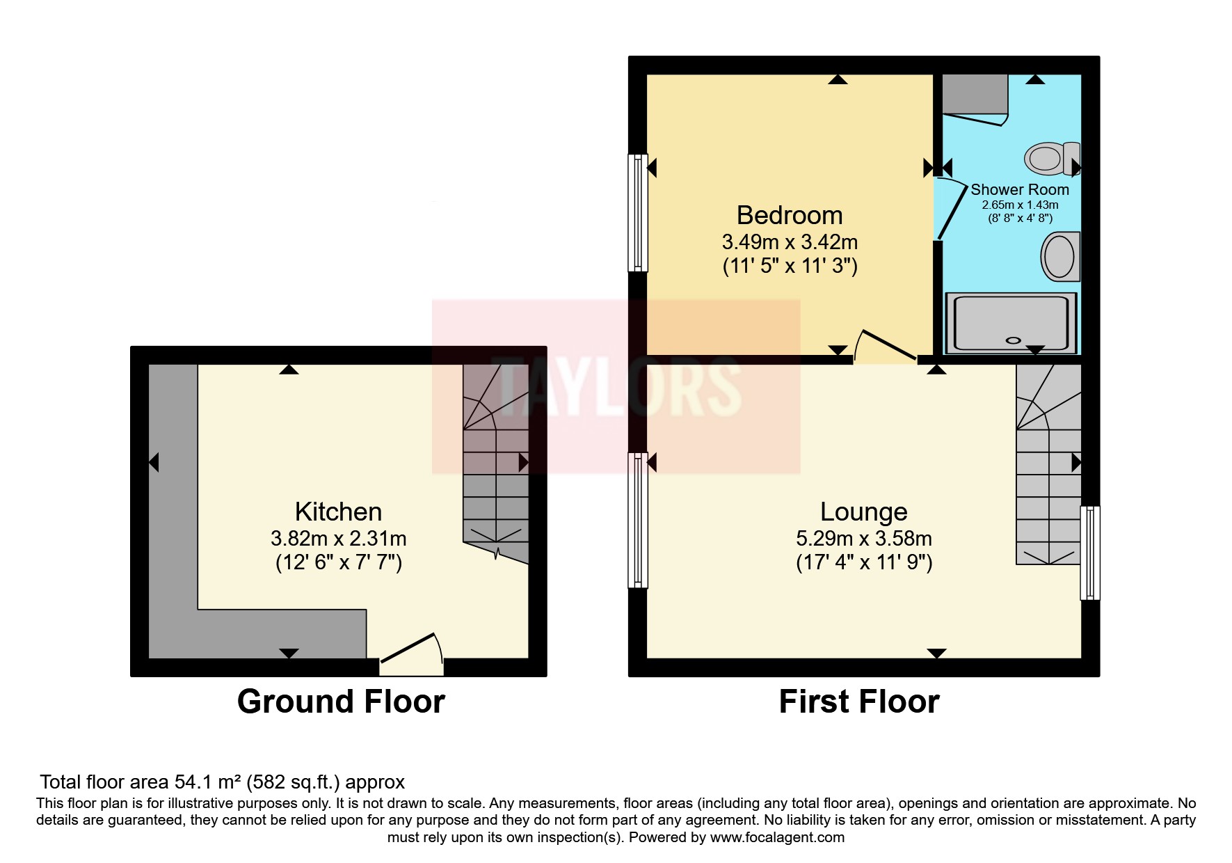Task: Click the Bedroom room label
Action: click(790, 216)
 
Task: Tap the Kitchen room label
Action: click(338, 512)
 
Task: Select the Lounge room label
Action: click(863, 512)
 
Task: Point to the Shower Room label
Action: click(1019, 190)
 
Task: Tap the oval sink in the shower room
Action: click(1059, 257)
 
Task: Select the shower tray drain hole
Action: click(1014, 341)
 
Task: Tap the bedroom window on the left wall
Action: click(637, 212)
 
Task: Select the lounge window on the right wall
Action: click(1090, 553)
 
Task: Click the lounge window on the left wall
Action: click(637, 520)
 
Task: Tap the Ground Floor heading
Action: click(341, 702)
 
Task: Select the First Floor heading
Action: click(858, 702)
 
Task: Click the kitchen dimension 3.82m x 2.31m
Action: click(338, 539)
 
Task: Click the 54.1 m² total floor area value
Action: click(208, 782)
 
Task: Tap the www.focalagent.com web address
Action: click(776, 837)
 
